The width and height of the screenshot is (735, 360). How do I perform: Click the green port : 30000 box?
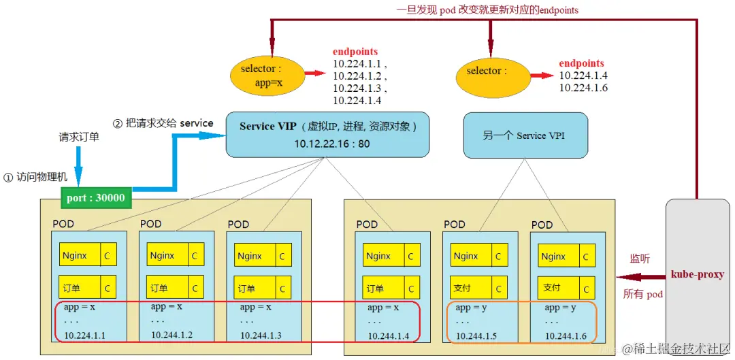(x=96, y=197)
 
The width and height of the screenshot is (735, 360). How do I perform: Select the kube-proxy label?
(x=697, y=274)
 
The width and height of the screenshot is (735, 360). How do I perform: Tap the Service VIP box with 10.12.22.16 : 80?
(x=327, y=135)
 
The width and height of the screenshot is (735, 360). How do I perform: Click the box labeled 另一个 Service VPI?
(x=523, y=135)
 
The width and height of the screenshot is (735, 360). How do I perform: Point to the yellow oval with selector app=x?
(x=263, y=75)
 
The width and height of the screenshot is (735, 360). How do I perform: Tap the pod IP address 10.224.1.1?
(x=86, y=336)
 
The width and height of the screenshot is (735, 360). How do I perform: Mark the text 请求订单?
(x=79, y=137)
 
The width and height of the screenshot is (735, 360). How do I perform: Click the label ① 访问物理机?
(x=36, y=177)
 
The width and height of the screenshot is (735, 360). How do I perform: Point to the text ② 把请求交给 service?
(x=163, y=124)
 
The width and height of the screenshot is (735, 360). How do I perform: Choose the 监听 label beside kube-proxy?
(x=639, y=259)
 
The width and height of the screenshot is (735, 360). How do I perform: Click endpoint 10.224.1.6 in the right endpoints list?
(x=583, y=88)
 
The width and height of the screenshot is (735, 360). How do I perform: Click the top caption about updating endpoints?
(x=487, y=10)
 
